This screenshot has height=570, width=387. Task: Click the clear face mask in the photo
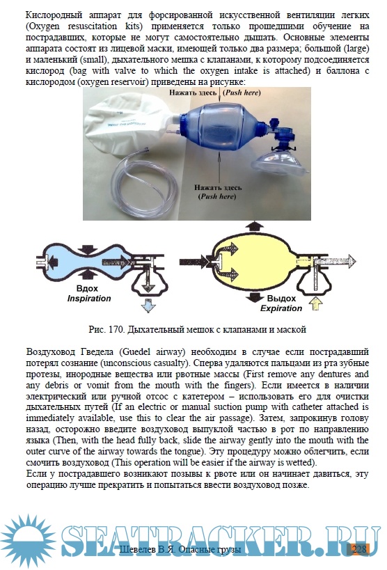coord(280,162)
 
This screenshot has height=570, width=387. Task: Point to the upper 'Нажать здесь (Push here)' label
coord(214,93)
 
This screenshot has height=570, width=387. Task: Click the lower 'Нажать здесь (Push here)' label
coord(217,192)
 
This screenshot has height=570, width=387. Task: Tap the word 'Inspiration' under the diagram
coord(89,299)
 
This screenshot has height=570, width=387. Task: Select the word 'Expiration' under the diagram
coord(281,308)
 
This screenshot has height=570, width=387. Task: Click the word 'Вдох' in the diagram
coord(87,289)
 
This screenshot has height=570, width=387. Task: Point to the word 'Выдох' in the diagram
coord(281,299)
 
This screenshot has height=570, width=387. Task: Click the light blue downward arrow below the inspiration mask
coord(148,306)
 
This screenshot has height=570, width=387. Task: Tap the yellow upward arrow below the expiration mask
coord(315,303)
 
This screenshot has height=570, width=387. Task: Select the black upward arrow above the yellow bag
coord(254,225)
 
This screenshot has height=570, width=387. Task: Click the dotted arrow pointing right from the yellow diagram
coord(335,262)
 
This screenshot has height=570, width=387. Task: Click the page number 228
coord(359,549)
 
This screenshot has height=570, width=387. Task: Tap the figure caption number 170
coord(116,330)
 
